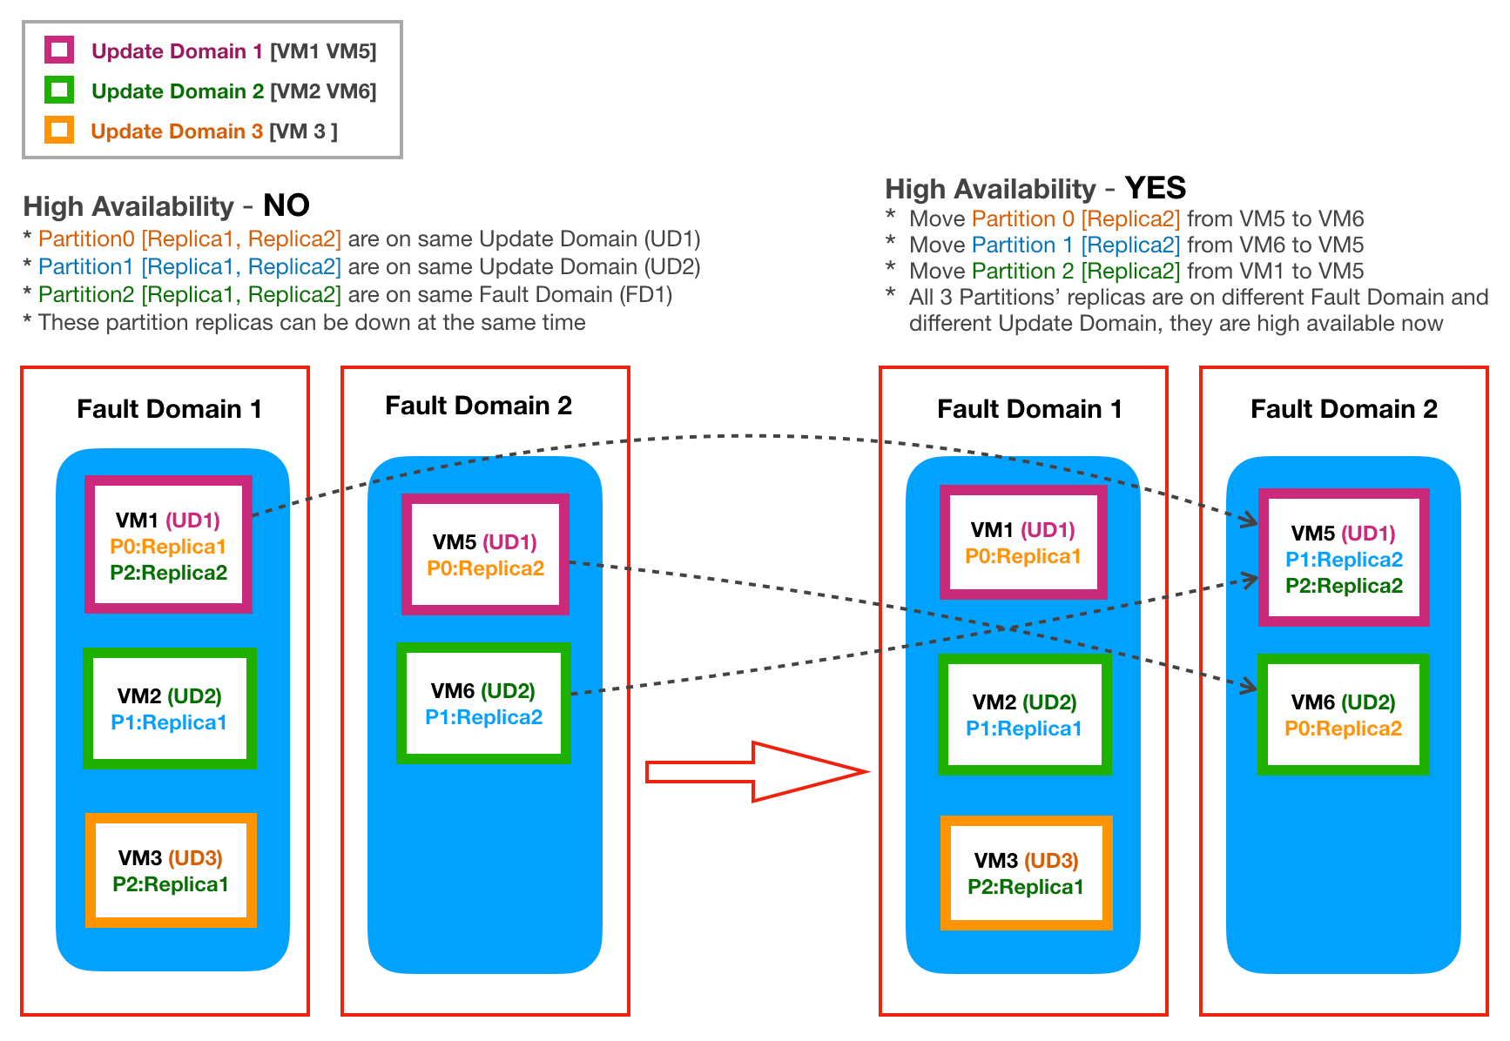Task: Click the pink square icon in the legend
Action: tap(59, 50)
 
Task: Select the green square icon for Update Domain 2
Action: tap(59, 90)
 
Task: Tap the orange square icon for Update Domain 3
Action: tap(59, 130)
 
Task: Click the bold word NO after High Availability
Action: tap(286, 205)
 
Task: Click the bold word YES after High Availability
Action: tap(1155, 188)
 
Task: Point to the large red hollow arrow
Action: tap(756, 771)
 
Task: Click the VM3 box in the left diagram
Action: tap(171, 870)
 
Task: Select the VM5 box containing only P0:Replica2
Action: tap(485, 554)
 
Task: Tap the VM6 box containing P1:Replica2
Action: tap(483, 702)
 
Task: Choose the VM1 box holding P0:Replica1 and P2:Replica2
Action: tap(168, 544)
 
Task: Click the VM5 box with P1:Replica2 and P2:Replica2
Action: tap(1343, 557)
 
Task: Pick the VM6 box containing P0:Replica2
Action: tap(1343, 714)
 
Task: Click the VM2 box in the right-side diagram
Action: tap(1024, 714)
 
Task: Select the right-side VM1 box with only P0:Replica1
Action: tap(1023, 542)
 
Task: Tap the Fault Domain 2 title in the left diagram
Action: tap(478, 406)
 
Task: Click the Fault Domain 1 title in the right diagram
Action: tap(1028, 409)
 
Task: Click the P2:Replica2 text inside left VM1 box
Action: tap(168, 573)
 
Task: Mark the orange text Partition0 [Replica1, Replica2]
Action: tap(189, 238)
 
